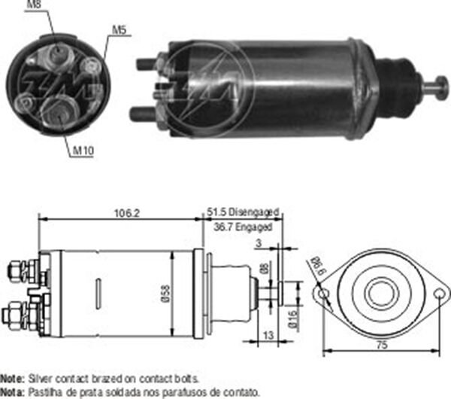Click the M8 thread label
point(35,7)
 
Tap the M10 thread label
point(83,151)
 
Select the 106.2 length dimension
point(128,213)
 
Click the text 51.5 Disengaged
point(242,212)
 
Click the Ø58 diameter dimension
point(174,294)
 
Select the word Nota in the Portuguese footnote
point(12,391)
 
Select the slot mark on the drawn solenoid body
point(97,293)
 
